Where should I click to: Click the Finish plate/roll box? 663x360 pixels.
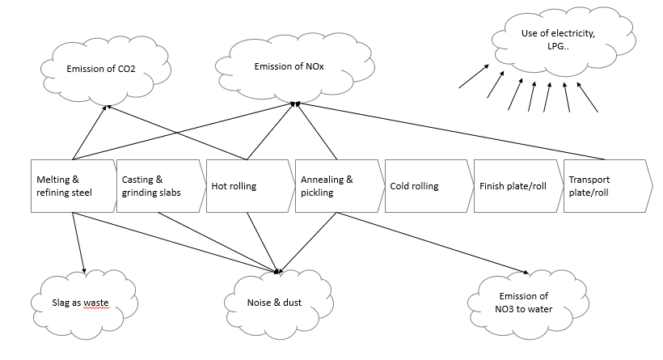(514, 186)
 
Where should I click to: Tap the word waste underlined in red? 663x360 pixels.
(95, 303)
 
